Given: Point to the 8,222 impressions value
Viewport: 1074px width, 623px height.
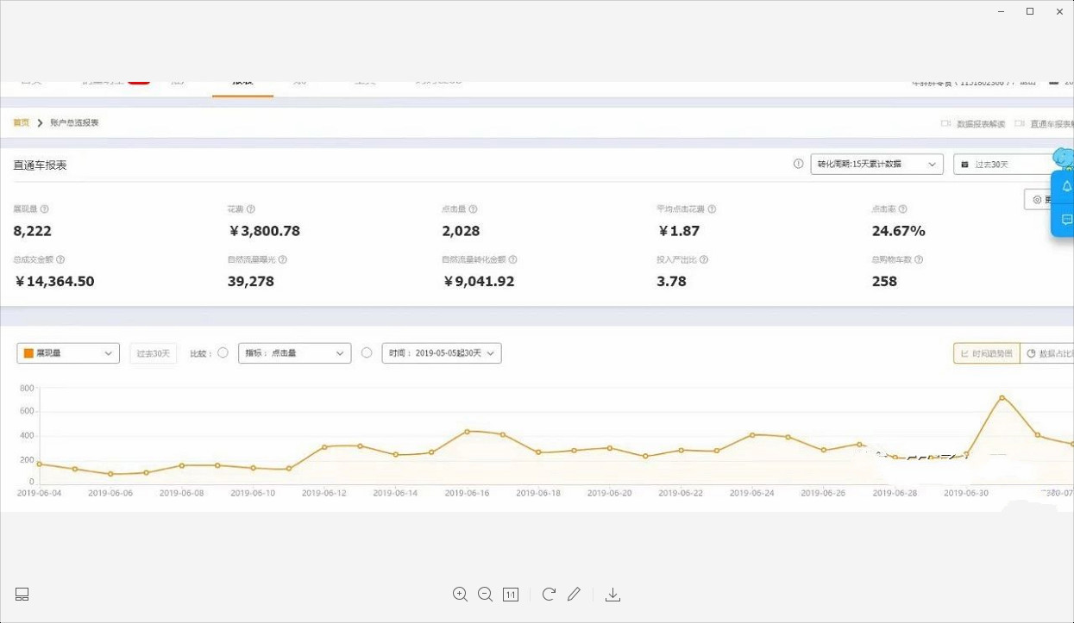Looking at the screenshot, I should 33,231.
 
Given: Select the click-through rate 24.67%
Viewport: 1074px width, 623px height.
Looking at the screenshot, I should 898,231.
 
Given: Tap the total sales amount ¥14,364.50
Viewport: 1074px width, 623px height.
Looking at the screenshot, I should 54,281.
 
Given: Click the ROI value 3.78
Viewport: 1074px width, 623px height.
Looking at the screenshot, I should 671,281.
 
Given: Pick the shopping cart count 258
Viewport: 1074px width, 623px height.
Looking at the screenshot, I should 884,281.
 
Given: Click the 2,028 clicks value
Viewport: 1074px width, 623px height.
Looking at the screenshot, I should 461,231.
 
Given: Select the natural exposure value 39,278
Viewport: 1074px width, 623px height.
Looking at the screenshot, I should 251,281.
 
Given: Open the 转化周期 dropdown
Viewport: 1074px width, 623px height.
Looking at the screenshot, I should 876,164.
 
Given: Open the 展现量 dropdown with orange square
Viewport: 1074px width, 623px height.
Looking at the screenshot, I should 68,353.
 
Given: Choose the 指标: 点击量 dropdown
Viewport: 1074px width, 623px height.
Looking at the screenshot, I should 294,353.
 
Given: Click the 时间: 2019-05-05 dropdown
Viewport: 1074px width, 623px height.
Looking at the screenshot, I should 441,353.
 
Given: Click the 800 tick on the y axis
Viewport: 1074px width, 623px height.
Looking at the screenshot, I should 27,389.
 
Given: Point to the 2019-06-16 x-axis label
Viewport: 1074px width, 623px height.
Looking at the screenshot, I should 467,493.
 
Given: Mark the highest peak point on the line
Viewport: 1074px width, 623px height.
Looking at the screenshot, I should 1002,397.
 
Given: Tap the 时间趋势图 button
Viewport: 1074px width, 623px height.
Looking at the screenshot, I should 986,353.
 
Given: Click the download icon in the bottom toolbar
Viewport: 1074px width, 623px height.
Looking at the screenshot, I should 612,595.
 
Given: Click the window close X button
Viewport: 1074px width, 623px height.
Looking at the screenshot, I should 1059,12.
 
